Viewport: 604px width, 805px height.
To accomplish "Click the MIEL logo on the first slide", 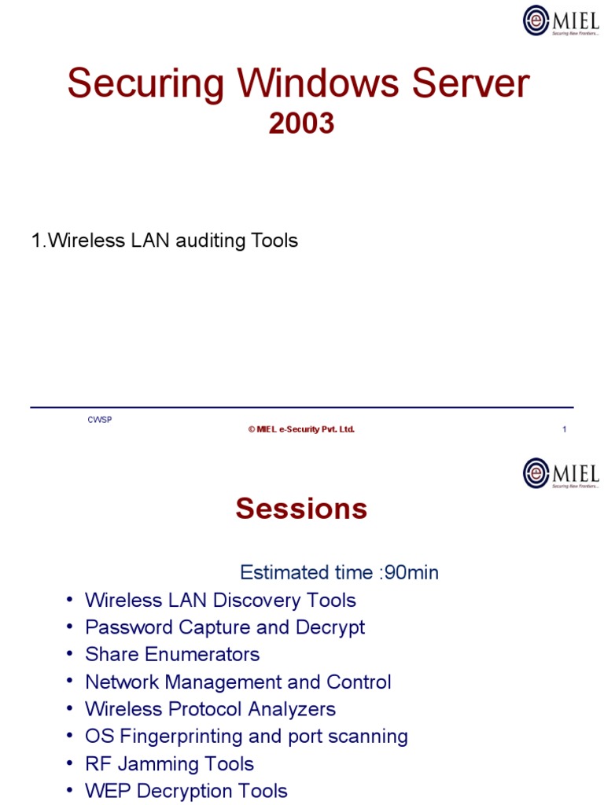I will coord(561,20).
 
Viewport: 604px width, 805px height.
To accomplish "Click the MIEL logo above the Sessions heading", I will coord(561,473).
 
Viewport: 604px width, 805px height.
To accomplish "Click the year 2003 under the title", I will coord(301,123).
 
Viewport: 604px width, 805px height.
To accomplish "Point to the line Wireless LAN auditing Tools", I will coord(164,241).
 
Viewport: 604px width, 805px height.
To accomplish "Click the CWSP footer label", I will coord(100,420).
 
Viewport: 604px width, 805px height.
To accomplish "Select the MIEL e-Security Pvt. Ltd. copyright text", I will coord(301,429).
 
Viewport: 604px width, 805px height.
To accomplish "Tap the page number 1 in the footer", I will coord(565,429).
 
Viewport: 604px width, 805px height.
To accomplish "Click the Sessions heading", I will coord(301,509).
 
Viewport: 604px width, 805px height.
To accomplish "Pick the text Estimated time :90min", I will coord(339,572).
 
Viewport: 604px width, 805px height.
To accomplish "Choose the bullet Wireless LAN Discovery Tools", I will coord(220,601).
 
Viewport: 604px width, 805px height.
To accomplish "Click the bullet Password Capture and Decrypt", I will coord(225,627).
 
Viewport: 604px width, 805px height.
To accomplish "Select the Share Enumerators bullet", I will coord(172,654).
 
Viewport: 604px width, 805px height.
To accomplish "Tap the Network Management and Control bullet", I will coord(238,682).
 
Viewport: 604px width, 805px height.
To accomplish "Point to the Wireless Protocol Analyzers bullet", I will coord(210,709).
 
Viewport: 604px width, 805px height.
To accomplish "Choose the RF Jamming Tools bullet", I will coord(169,763).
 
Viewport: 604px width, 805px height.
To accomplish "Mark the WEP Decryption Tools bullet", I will coord(186,791).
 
